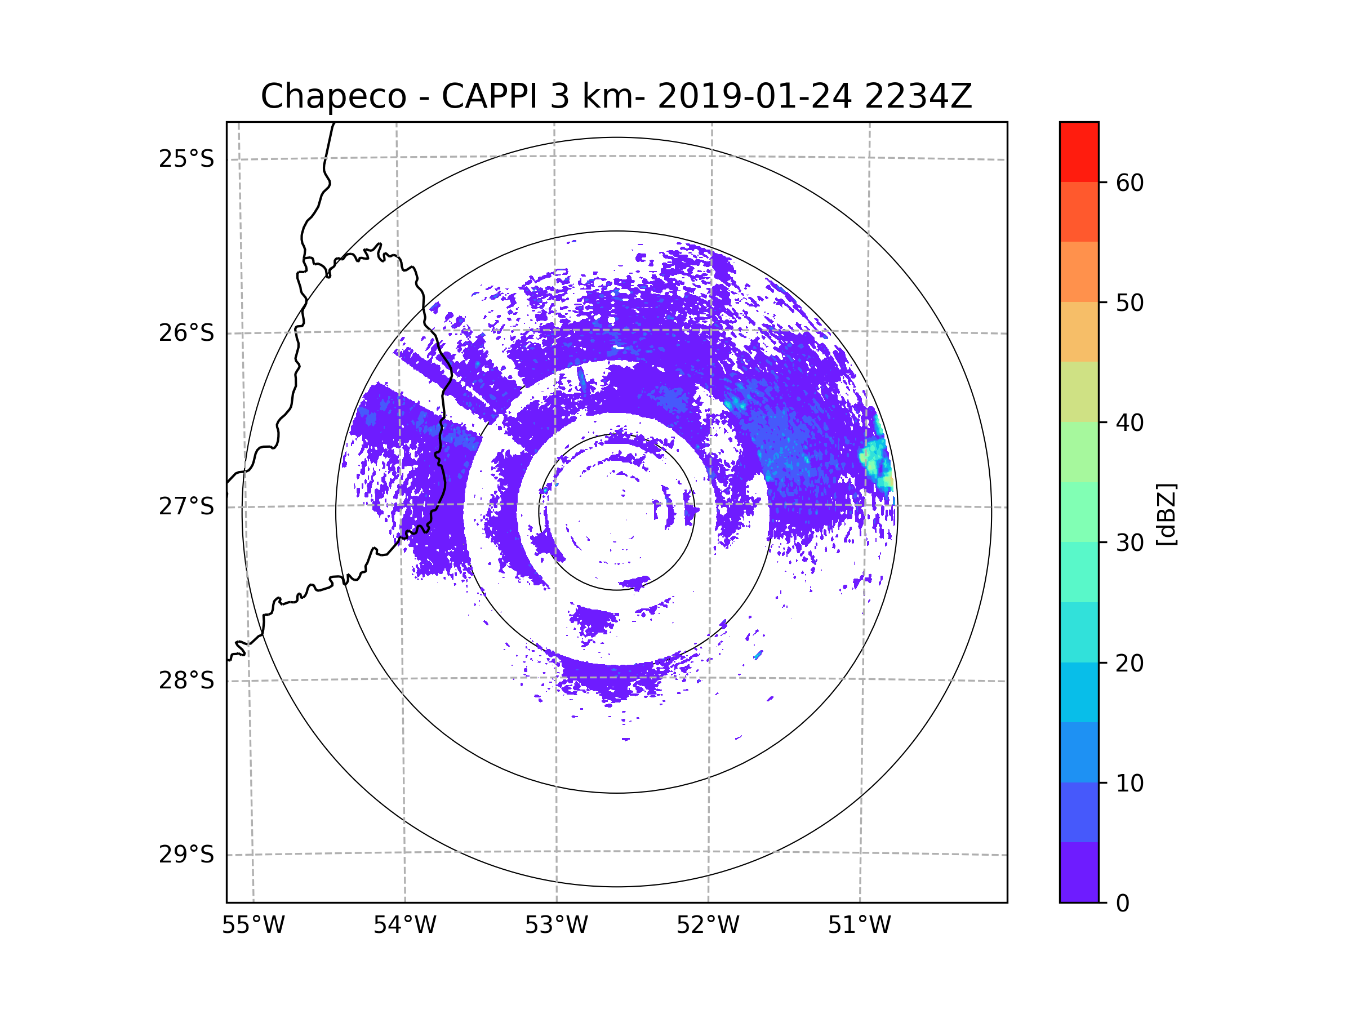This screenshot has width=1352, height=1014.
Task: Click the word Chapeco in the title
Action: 333,96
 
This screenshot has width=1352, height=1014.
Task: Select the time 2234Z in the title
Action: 918,96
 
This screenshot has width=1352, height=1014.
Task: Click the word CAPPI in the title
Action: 489,96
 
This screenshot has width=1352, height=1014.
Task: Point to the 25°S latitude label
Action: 186,159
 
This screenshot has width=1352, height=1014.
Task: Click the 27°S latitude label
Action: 186,506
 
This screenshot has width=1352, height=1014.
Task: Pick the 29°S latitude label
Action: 186,855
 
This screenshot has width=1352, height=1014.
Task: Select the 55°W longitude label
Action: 253,926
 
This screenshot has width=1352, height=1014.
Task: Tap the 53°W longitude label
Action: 556,926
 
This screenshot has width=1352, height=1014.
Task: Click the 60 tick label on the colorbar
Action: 1129,183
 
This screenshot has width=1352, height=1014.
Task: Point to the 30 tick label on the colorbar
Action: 1129,542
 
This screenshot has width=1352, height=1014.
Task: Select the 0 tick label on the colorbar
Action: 1123,903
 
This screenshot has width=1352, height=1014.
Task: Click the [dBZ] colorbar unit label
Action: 1166,514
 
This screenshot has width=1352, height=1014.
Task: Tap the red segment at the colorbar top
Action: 1079,152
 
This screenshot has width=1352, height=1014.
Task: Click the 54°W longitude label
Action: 404,926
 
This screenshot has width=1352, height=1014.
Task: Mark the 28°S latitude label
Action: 186,681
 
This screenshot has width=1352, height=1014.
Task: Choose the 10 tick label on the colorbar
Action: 1129,783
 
